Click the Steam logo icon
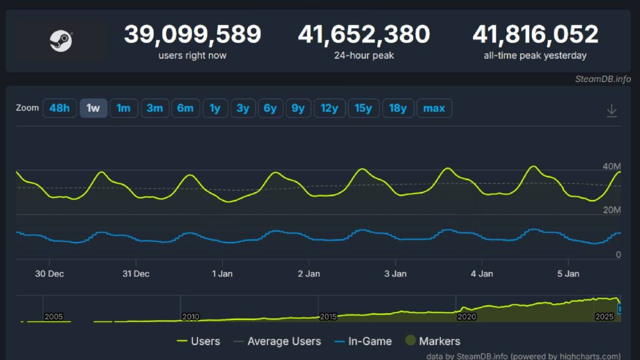[x=61, y=41]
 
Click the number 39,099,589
[x=192, y=34]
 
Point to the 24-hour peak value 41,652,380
[x=364, y=34]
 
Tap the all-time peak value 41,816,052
[x=535, y=34]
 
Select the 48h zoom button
[x=59, y=108]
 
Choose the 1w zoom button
[x=93, y=108]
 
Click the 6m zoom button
[x=185, y=108]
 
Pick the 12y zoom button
[x=329, y=108]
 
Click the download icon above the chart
[x=612, y=111]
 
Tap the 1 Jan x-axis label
[x=222, y=274]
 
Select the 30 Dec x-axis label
[x=49, y=274]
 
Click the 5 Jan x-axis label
[x=568, y=274]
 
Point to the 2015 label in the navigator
[x=328, y=317]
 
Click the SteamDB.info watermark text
[x=603, y=79]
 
